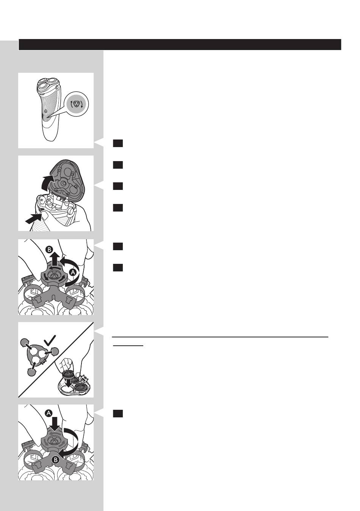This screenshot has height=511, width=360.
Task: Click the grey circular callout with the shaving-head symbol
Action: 77,104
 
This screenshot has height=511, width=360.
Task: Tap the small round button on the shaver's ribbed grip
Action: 46,111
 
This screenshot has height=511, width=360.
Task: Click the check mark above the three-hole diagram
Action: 50,340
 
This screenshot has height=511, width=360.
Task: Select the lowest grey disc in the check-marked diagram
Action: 31,372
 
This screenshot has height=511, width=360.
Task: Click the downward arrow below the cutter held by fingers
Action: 68,383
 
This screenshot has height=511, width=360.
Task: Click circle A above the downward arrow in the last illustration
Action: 49,413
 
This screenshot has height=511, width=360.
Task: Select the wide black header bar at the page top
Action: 180,44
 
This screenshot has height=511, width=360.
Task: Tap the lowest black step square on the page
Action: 118,414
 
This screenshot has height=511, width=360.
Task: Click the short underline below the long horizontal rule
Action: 128,346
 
